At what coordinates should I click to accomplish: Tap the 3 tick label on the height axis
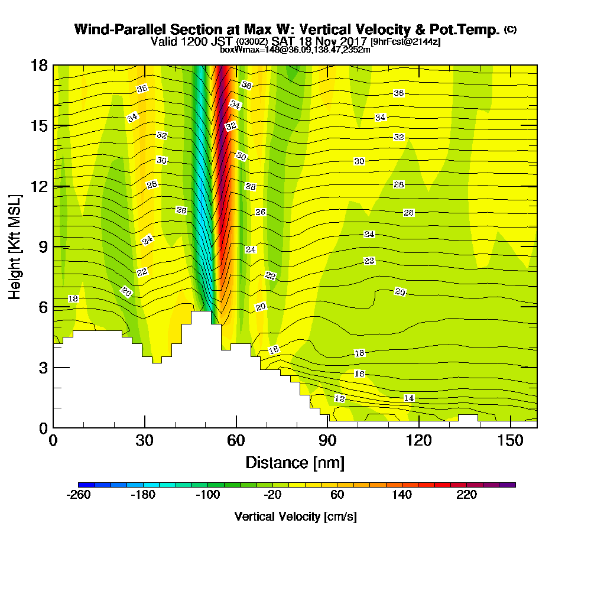(43, 367)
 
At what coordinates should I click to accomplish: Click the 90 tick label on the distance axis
(327, 441)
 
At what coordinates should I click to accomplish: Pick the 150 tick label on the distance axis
(509, 441)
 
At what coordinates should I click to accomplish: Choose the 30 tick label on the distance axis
(145, 441)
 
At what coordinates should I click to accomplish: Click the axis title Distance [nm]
(295, 462)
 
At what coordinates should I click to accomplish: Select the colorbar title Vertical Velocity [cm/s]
(295, 517)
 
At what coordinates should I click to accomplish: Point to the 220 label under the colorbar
(466, 495)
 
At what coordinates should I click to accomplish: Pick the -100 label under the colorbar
(207, 495)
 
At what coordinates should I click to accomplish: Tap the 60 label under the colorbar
(337, 495)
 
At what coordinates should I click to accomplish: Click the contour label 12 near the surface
(339, 398)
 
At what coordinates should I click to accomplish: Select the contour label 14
(408, 398)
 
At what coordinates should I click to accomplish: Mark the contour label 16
(359, 374)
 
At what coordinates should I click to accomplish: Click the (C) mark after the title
(510, 30)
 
